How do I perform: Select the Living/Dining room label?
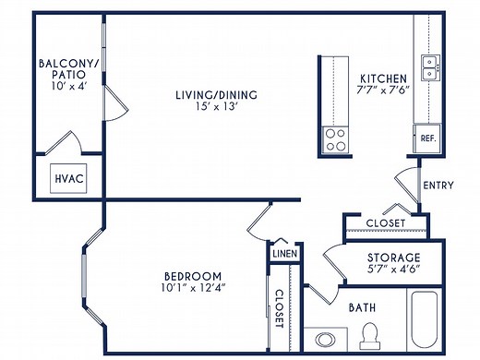(217, 95)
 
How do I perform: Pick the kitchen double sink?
(428, 66)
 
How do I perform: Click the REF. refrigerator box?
(427, 138)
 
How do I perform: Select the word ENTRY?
(438, 186)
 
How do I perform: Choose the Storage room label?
(394, 258)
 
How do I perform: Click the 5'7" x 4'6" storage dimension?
(394, 270)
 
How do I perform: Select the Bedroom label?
(192, 276)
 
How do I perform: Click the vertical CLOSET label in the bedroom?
(279, 307)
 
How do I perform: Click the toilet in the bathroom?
(371, 334)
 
